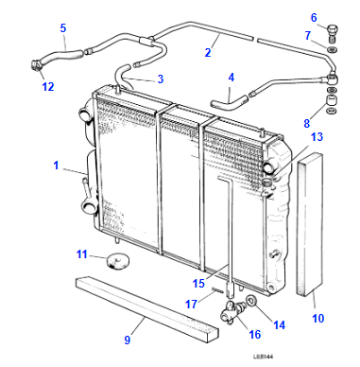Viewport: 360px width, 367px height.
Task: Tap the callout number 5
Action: tap(63, 28)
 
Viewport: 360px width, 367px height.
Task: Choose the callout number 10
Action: tap(317, 318)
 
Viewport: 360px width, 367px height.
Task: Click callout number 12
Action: tap(48, 87)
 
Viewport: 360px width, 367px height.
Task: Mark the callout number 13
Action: tap(317, 137)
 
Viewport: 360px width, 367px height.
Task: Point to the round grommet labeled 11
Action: tap(116, 259)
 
